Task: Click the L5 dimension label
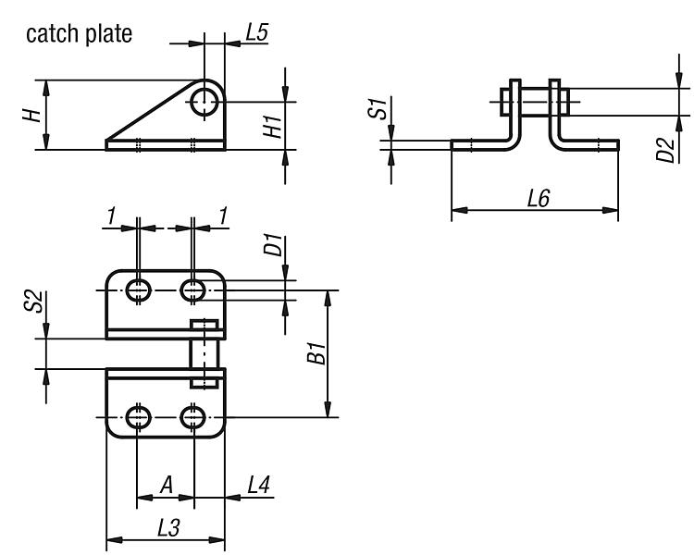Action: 256,32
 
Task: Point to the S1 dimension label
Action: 378,109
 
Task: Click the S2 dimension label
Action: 31,302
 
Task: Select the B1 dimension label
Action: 316,352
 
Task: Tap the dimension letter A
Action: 166,484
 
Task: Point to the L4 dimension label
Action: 258,484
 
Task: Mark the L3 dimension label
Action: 168,528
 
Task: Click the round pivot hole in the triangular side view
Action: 204,102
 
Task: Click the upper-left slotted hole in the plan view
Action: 139,290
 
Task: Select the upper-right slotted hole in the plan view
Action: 193,290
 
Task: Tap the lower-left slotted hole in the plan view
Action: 139,418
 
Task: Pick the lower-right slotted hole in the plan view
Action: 193,418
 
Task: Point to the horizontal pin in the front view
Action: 532,98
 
